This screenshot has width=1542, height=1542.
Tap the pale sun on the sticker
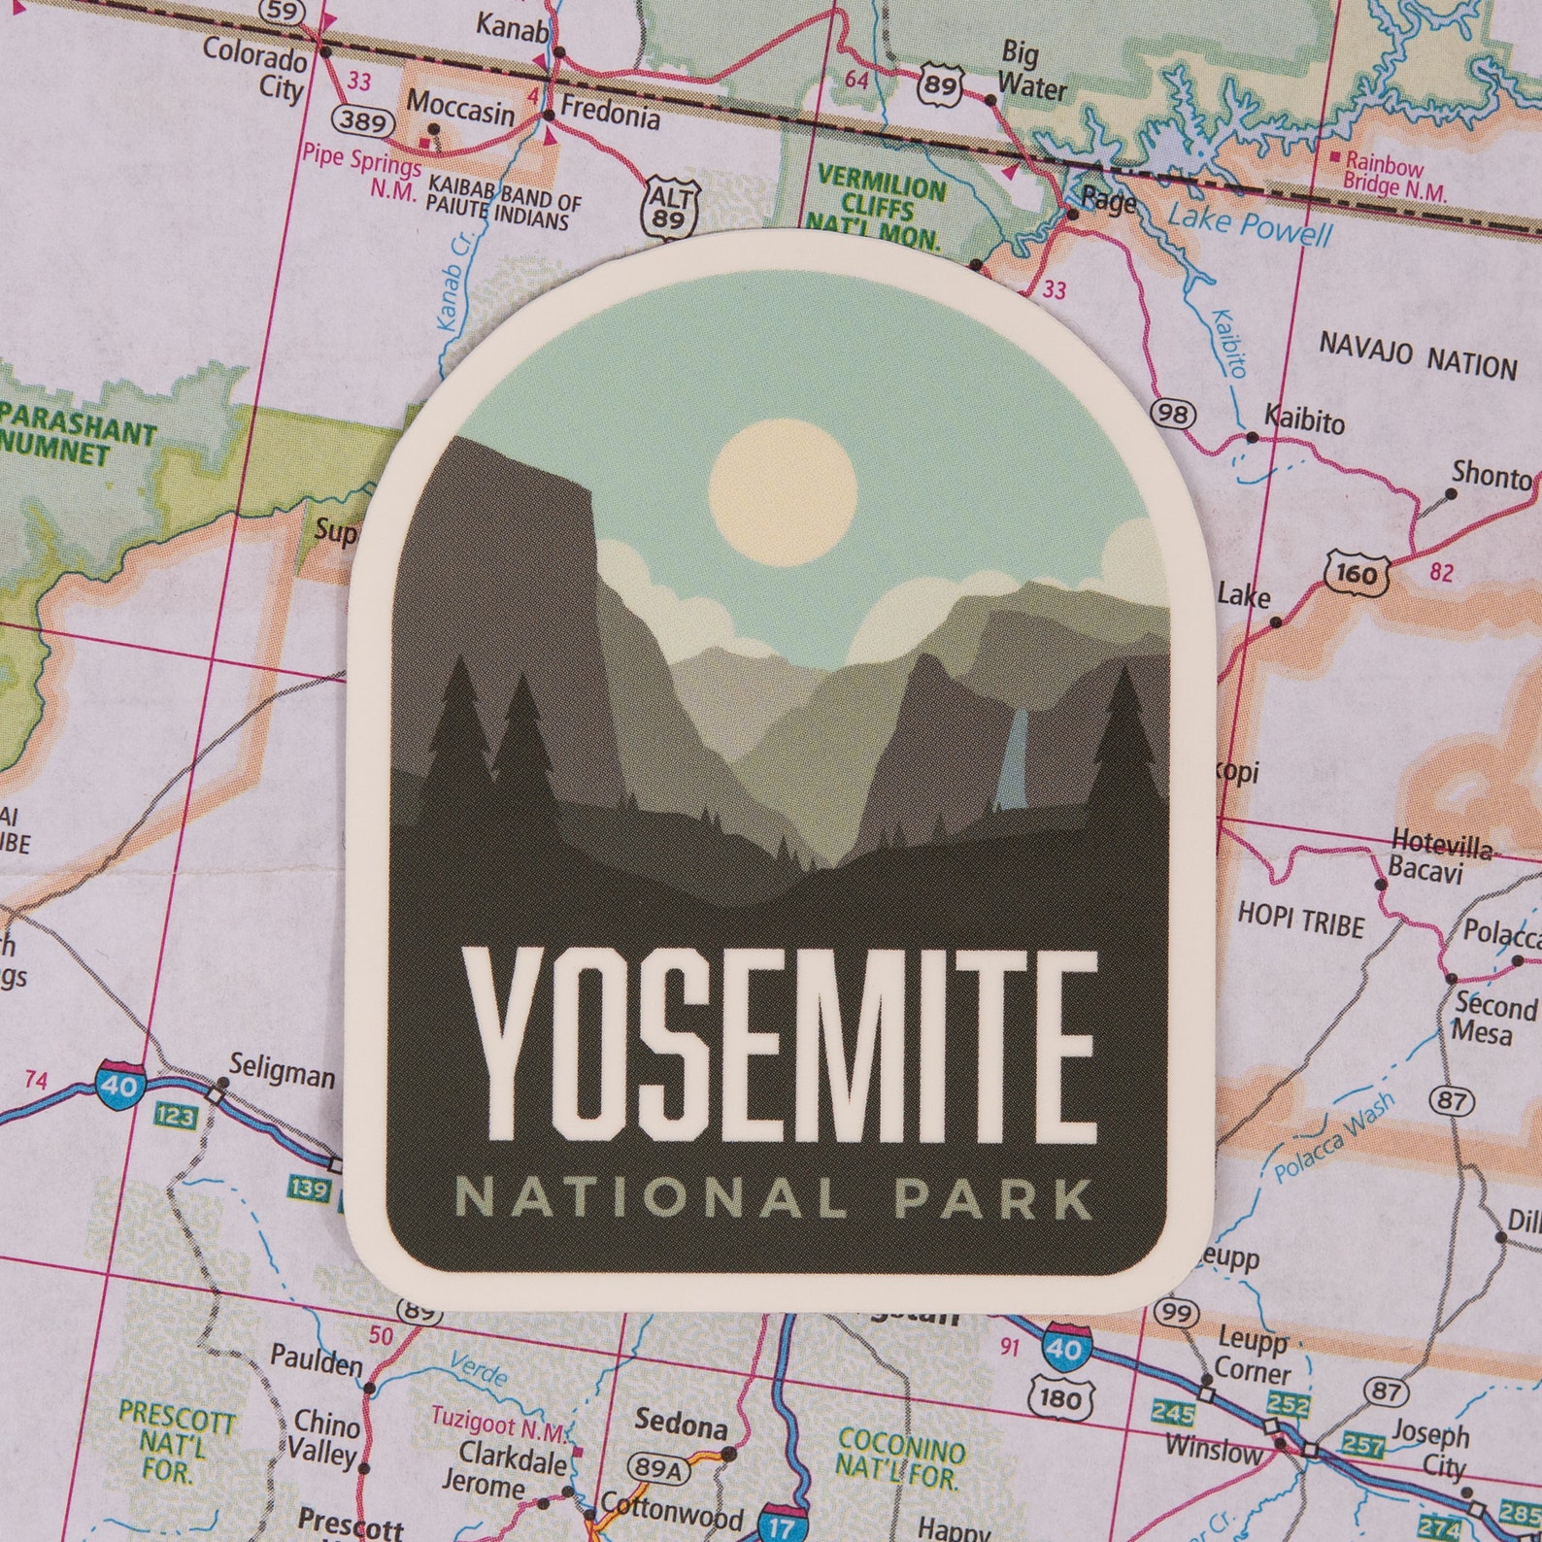point(783,493)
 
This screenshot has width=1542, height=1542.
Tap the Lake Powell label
point(1250,227)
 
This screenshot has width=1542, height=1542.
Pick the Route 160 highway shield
point(1355,573)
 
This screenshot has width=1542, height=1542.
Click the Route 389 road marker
point(362,121)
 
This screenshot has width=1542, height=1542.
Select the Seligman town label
point(283,1075)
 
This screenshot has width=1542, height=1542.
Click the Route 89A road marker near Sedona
point(658,1466)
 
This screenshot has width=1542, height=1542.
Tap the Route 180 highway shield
point(1058,1398)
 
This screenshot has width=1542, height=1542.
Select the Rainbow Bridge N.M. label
point(1394,175)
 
